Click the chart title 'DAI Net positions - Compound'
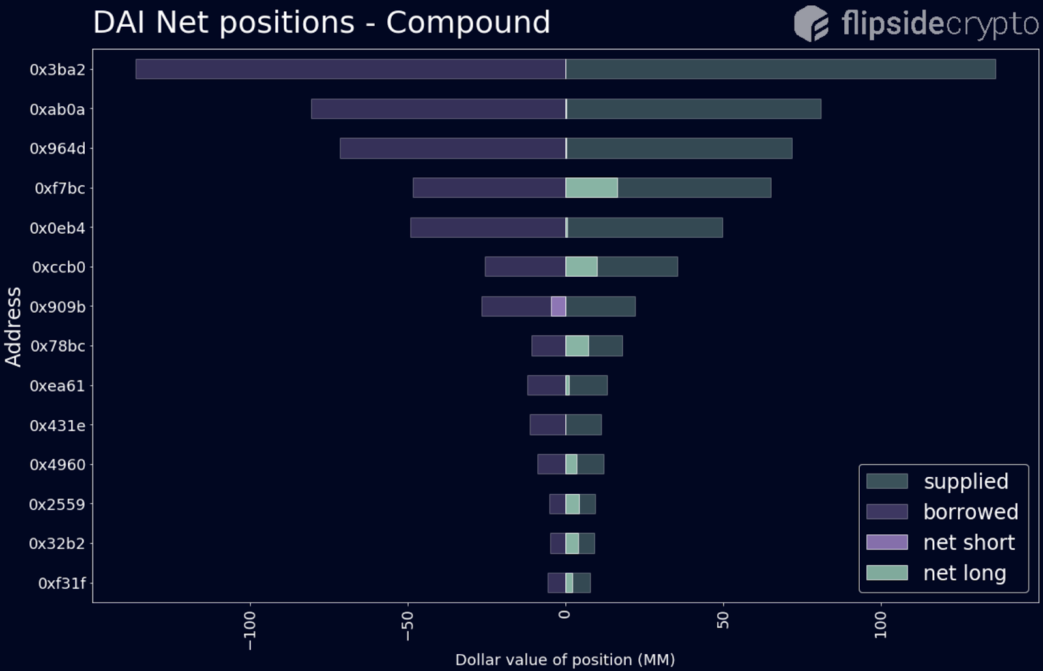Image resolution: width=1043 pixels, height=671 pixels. pos(321,23)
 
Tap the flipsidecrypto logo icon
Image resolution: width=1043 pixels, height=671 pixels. pos(811,23)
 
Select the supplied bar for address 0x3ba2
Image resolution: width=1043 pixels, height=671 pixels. pos(780,69)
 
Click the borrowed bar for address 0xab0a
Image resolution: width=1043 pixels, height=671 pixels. pos(438,109)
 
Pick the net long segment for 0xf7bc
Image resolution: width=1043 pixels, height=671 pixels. pos(591,188)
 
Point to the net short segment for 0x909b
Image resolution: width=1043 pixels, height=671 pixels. pos(558,306)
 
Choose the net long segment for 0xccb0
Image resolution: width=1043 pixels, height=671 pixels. pos(581,266)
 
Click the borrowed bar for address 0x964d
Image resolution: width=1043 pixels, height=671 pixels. pos(452,149)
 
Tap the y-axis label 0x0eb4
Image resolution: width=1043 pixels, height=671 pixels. pos(57,228)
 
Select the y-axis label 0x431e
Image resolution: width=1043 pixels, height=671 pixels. pos(57,425)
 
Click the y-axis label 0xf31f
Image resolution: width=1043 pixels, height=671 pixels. pos(61,583)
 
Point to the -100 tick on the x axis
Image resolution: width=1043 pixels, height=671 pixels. pos(250,630)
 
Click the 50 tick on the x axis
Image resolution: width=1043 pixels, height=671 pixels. pos(723,620)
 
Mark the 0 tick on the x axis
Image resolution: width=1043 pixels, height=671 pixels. pos(565,614)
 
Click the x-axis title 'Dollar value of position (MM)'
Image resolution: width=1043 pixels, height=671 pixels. pos(565,660)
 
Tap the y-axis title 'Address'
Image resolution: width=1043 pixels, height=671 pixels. pos(14,326)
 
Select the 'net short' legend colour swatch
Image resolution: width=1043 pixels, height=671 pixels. pos(887,542)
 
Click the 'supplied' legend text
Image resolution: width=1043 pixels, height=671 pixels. pos(965,481)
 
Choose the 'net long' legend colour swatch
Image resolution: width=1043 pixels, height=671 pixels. pos(887,573)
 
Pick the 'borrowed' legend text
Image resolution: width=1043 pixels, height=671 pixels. pos(970,512)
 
